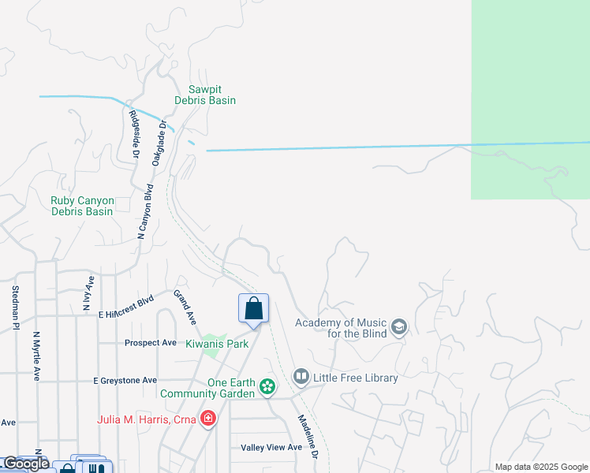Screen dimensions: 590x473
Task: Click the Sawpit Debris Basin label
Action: (212, 95)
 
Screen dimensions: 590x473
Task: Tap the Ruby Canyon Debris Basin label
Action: (82, 206)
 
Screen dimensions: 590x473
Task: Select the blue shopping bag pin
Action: (253, 308)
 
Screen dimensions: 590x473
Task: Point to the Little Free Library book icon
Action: (301, 378)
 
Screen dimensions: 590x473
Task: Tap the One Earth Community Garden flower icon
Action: (268, 386)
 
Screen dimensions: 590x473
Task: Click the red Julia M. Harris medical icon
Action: (207, 418)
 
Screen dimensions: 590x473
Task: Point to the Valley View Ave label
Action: (271, 448)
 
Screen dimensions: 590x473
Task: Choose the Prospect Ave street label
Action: (150, 343)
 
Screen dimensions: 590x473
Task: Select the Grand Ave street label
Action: (185, 307)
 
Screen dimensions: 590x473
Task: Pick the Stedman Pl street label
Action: (15, 308)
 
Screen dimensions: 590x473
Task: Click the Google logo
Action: (25, 464)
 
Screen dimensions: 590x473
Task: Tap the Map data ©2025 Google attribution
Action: (540, 467)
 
